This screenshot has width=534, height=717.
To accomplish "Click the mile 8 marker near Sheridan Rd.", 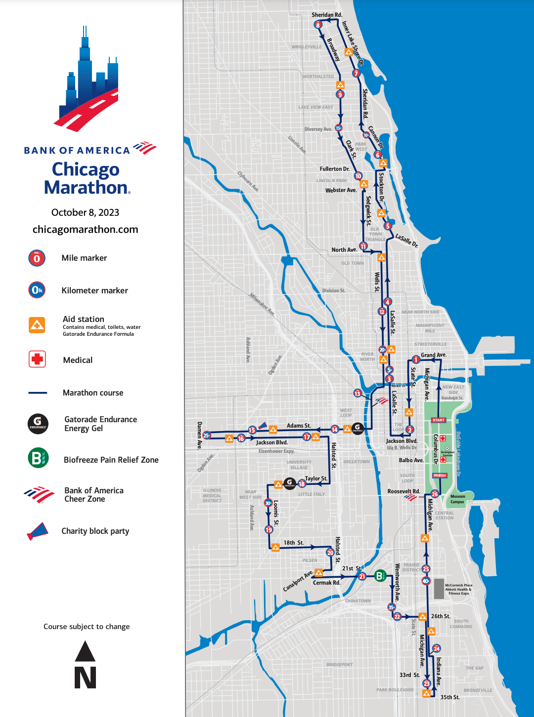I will pyautogui.click(x=318, y=25).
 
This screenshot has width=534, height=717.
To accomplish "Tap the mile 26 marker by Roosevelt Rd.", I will pyautogui.click(x=435, y=494).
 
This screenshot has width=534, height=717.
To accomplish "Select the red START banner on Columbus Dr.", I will pyautogui.click(x=439, y=420).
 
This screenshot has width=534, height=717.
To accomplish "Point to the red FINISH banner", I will pyautogui.click(x=440, y=476).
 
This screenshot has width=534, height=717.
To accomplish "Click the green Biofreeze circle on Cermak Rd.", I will pyautogui.click(x=380, y=576).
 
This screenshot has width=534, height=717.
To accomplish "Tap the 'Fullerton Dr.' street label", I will pyautogui.click(x=334, y=169).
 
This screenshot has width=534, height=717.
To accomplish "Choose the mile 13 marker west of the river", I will pyautogui.click(x=357, y=393).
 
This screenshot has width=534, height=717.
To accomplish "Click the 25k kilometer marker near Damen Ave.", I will pyautogui.click(x=207, y=435).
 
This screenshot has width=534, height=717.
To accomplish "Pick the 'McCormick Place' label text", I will pyautogui.click(x=458, y=585).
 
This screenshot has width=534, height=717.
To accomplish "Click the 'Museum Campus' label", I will pyautogui.click(x=457, y=499).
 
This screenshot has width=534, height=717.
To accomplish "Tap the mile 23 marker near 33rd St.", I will pyautogui.click(x=427, y=683).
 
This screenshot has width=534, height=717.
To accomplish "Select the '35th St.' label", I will pyautogui.click(x=450, y=697).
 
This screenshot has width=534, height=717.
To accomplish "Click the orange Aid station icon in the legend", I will pyautogui.click(x=37, y=325).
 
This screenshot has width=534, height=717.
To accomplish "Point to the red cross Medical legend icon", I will pyautogui.click(x=37, y=359).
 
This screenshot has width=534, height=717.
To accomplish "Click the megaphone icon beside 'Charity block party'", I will pyautogui.click(x=38, y=531).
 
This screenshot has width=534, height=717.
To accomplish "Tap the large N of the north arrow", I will pyautogui.click(x=85, y=677).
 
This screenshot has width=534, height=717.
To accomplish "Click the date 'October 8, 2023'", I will pyautogui.click(x=85, y=212).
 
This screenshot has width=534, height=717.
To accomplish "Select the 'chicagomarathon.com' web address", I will pyautogui.click(x=85, y=229).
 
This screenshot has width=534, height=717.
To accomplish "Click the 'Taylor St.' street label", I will pyautogui.click(x=316, y=478).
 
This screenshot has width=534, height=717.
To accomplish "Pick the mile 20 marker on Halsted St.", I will pyautogui.click(x=330, y=553).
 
